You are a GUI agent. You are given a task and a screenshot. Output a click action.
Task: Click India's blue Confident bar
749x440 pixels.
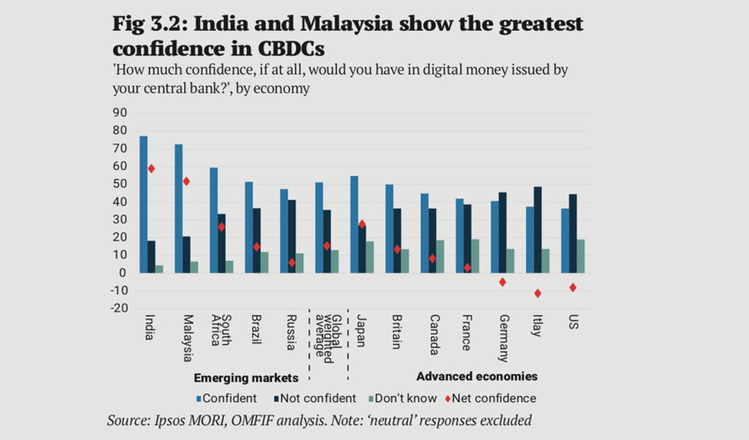144,204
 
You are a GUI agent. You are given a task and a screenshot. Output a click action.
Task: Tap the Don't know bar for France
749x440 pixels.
476,256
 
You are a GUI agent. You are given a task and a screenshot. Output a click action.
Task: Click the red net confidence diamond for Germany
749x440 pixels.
502,282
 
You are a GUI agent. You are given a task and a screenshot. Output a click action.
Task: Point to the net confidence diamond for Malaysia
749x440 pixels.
186,181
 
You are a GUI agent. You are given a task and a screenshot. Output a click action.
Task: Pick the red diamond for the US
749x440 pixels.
572,287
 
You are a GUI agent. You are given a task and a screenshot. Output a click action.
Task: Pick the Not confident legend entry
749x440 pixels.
312,398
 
